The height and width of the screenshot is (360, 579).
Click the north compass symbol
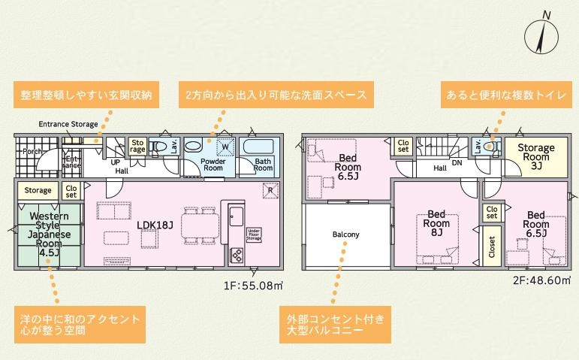tap(544, 35)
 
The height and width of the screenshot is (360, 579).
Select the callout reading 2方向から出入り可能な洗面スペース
tap(276, 95)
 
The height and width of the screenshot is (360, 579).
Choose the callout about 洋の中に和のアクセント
tap(79, 324)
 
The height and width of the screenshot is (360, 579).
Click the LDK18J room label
tap(156, 224)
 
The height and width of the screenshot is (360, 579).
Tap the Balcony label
tap(345, 234)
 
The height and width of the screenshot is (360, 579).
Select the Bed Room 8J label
tap(436, 223)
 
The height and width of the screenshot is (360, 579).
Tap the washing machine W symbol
tap(224, 147)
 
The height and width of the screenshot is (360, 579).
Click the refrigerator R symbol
tap(271, 190)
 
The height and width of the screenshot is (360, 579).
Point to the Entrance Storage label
tap(69, 124)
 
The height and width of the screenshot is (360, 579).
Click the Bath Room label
tap(263, 165)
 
